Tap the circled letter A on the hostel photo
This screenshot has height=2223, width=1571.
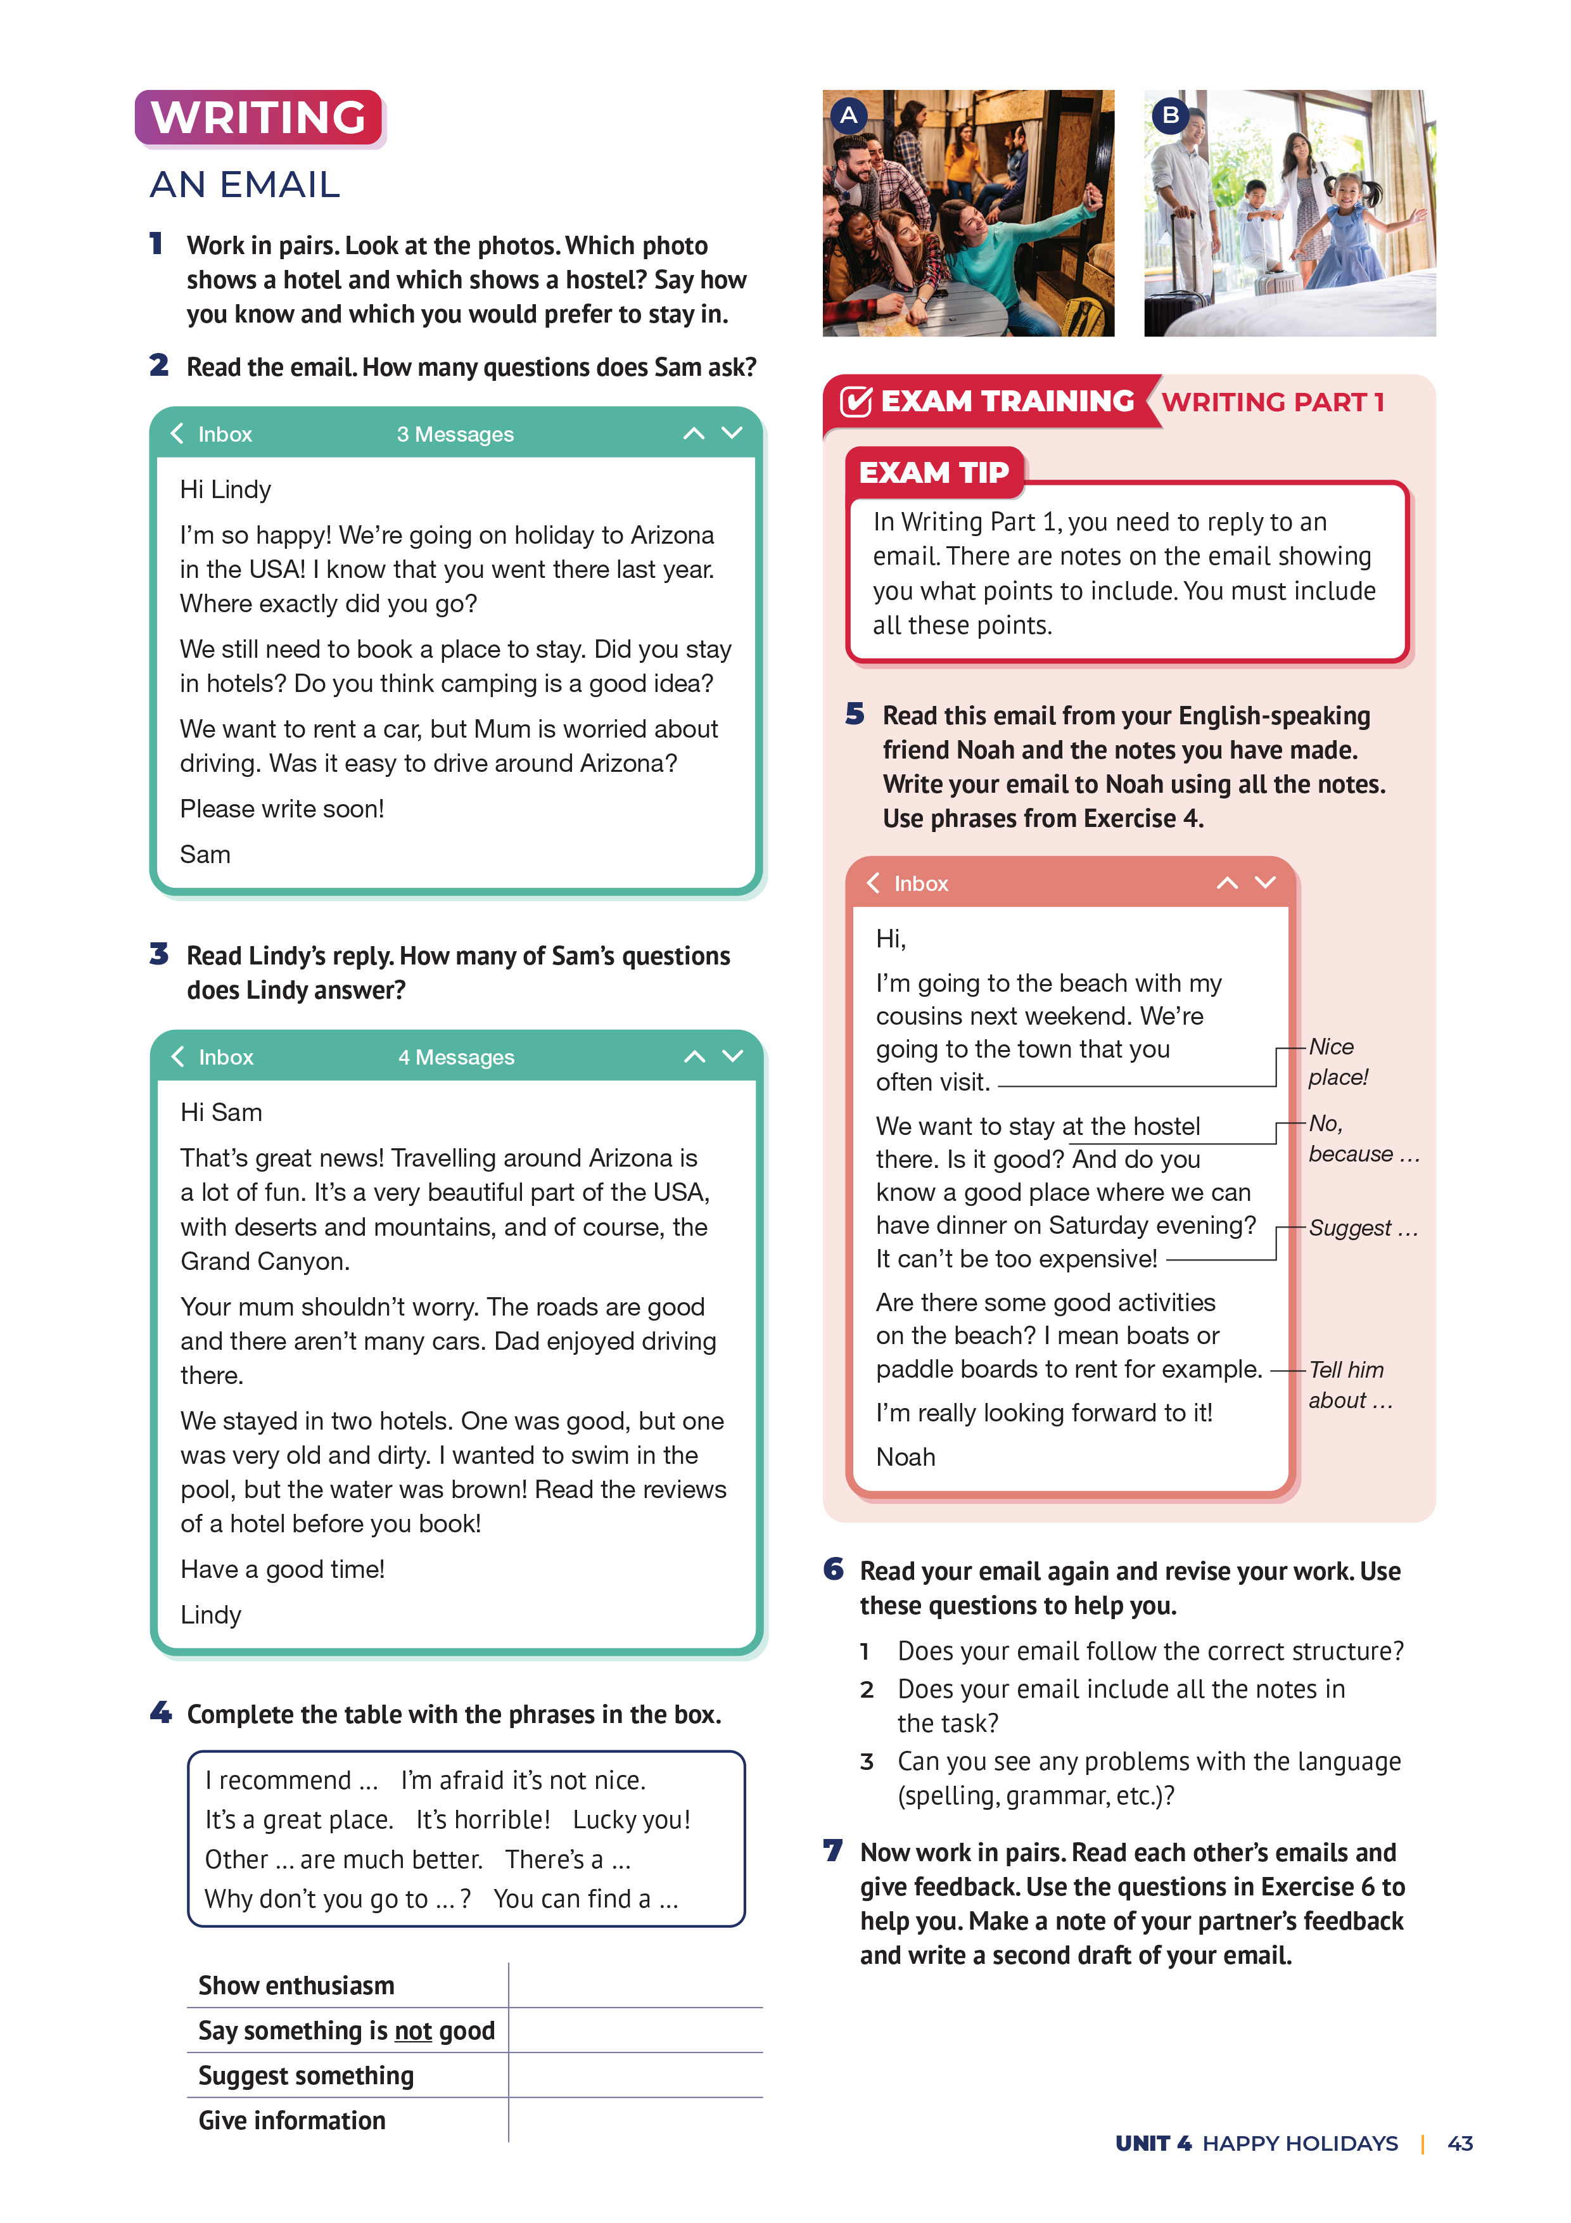pos(849,115)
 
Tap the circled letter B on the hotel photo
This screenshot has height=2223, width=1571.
pos(1170,115)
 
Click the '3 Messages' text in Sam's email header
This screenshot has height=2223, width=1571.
pos(455,435)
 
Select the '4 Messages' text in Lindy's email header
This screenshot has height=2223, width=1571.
pos(456,1057)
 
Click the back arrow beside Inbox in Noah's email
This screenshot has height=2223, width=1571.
pos(873,883)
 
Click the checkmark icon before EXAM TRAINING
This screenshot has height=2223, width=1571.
pos(856,401)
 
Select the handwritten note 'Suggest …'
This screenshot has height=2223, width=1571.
pos(1362,1229)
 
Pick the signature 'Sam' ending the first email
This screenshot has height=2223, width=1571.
pos(205,855)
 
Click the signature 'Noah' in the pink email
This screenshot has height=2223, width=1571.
pos(905,1457)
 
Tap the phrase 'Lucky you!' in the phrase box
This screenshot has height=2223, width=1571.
pos(631,1820)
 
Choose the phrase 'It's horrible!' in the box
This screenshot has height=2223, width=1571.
pos(483,1820)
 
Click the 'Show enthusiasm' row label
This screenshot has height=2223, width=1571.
pos(296,1986)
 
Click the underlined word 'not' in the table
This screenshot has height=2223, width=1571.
pos(412,2031)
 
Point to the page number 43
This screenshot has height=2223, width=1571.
pos(1460,2144)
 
